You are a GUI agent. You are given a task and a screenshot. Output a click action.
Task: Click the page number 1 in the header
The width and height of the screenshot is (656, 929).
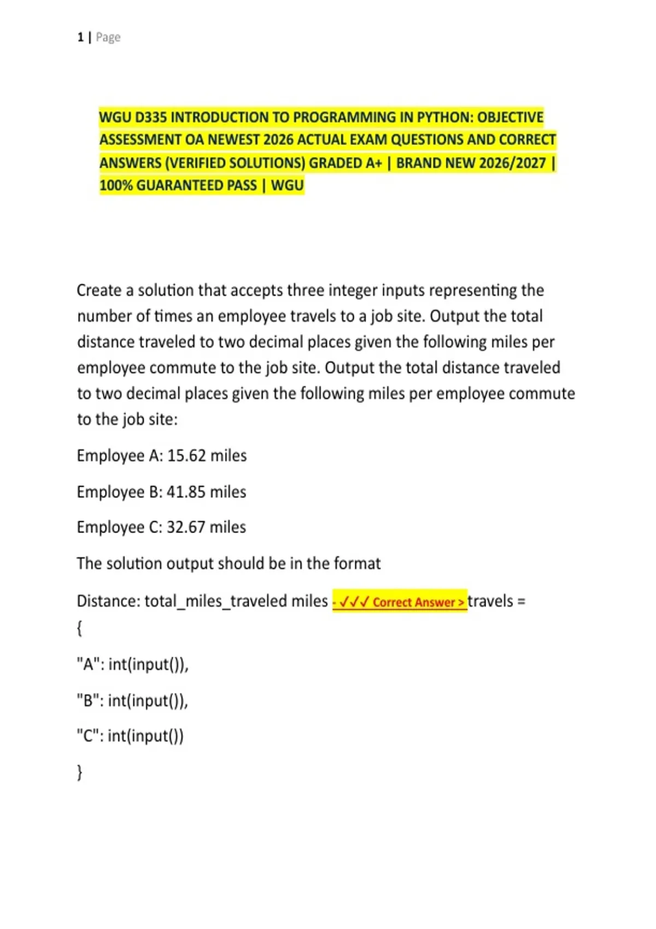coord(80,37)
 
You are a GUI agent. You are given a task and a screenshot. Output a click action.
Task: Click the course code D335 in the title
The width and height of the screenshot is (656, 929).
coord(151,117)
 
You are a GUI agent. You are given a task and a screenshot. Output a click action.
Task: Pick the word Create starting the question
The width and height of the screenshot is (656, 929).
coord(99,290)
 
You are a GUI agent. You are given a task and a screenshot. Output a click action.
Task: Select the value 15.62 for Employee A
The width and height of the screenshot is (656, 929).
coord(186,456)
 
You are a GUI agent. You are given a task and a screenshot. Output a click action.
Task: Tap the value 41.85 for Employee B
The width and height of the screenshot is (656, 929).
coord(186,492)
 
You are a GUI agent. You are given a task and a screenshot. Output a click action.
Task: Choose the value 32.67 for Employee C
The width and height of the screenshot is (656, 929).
coord(186,527)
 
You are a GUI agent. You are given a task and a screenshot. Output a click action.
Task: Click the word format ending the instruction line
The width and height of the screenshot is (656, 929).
coord(357,563)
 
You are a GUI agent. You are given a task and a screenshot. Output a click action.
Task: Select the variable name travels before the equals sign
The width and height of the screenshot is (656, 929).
coord(490,601)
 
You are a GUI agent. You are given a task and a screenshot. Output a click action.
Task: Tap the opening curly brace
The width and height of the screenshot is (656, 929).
coord(80,628)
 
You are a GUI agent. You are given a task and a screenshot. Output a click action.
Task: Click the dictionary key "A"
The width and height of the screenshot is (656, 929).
coord(87,665)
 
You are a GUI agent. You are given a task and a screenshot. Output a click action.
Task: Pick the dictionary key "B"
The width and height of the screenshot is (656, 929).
coord(87,701)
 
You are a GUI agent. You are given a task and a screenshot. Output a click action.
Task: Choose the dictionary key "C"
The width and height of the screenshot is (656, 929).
coord(87,736)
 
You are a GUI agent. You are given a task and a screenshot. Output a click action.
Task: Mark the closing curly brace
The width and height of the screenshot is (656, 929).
coord(80,772)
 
